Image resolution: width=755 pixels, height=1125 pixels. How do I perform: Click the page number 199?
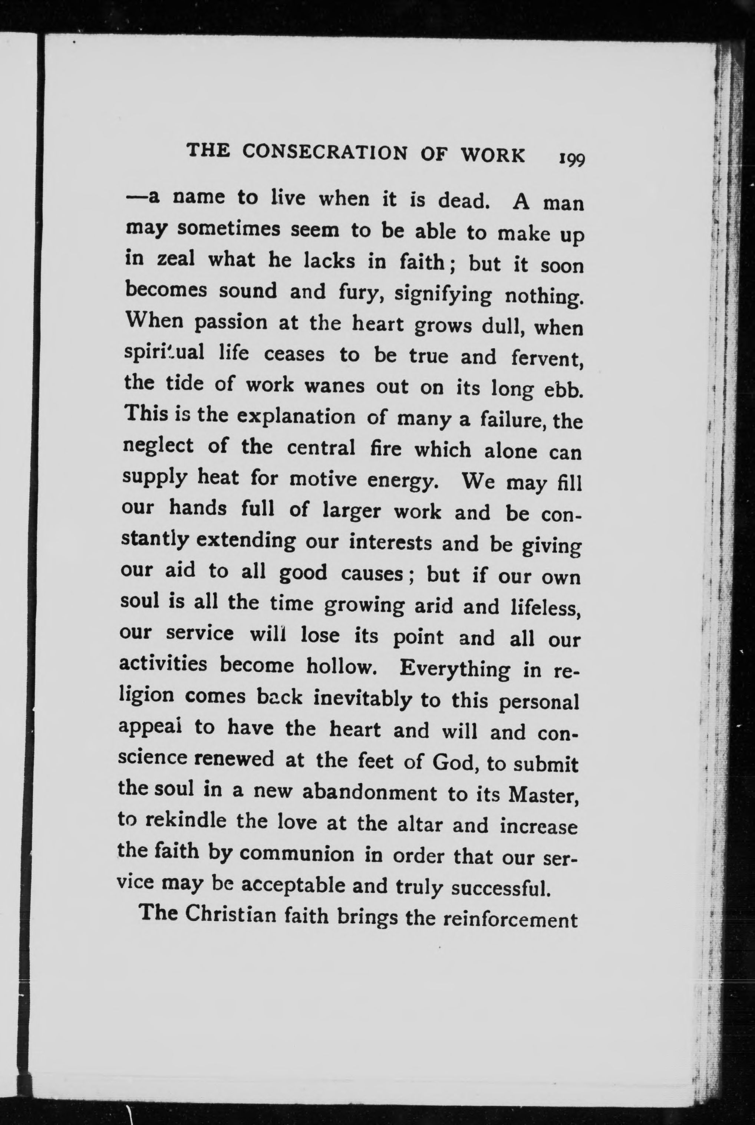pyautogui.click(x=571, y=159)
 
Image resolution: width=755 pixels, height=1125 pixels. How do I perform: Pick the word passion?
pyautogui.click(x=230, y=323)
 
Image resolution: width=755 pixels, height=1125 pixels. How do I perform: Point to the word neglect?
pyautogui.click(x=158, y=447)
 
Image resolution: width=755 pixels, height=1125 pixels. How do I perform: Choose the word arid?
pyautogui.click(x=434, y=606)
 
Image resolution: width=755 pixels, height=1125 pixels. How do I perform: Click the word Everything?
pyautogui.click(x=455, y=670)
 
